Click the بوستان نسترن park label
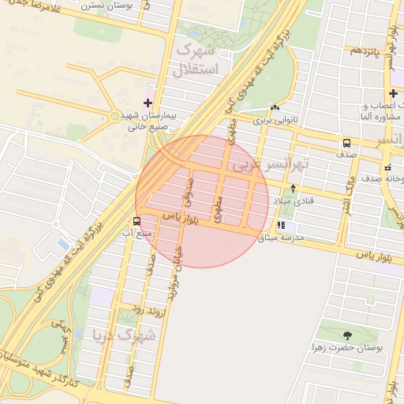(131, 5)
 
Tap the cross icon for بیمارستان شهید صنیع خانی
(148, 103)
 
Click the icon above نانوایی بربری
(274, 108)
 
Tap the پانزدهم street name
(366, 51)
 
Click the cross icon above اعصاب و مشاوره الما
(393, 94)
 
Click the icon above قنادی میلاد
(293, 188)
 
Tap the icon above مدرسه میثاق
(282, 225)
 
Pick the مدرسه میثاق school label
(292, 238)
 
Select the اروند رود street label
(147, 312)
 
